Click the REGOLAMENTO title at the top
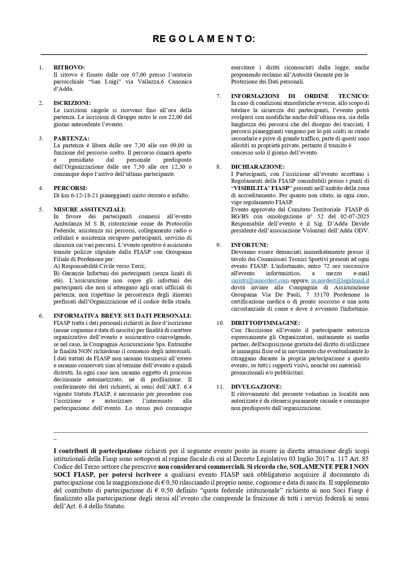pos(204,39)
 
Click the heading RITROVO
pos(69,67)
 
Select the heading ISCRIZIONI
pos(72,103)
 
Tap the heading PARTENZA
pos(71,138)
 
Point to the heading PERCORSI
pos(70,188)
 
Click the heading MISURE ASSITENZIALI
pos(89,209)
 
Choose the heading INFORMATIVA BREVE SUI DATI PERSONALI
pos(122,316)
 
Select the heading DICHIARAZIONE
pos(258,167)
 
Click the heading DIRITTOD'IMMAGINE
pos(265,323)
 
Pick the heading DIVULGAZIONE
pos(256,387)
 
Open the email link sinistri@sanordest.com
pos(260,280)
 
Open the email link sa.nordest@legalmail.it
pos(340,280)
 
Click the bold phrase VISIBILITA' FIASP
pos(261,188)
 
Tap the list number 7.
pos(219,96)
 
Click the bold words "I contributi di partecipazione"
pos(98,451)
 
